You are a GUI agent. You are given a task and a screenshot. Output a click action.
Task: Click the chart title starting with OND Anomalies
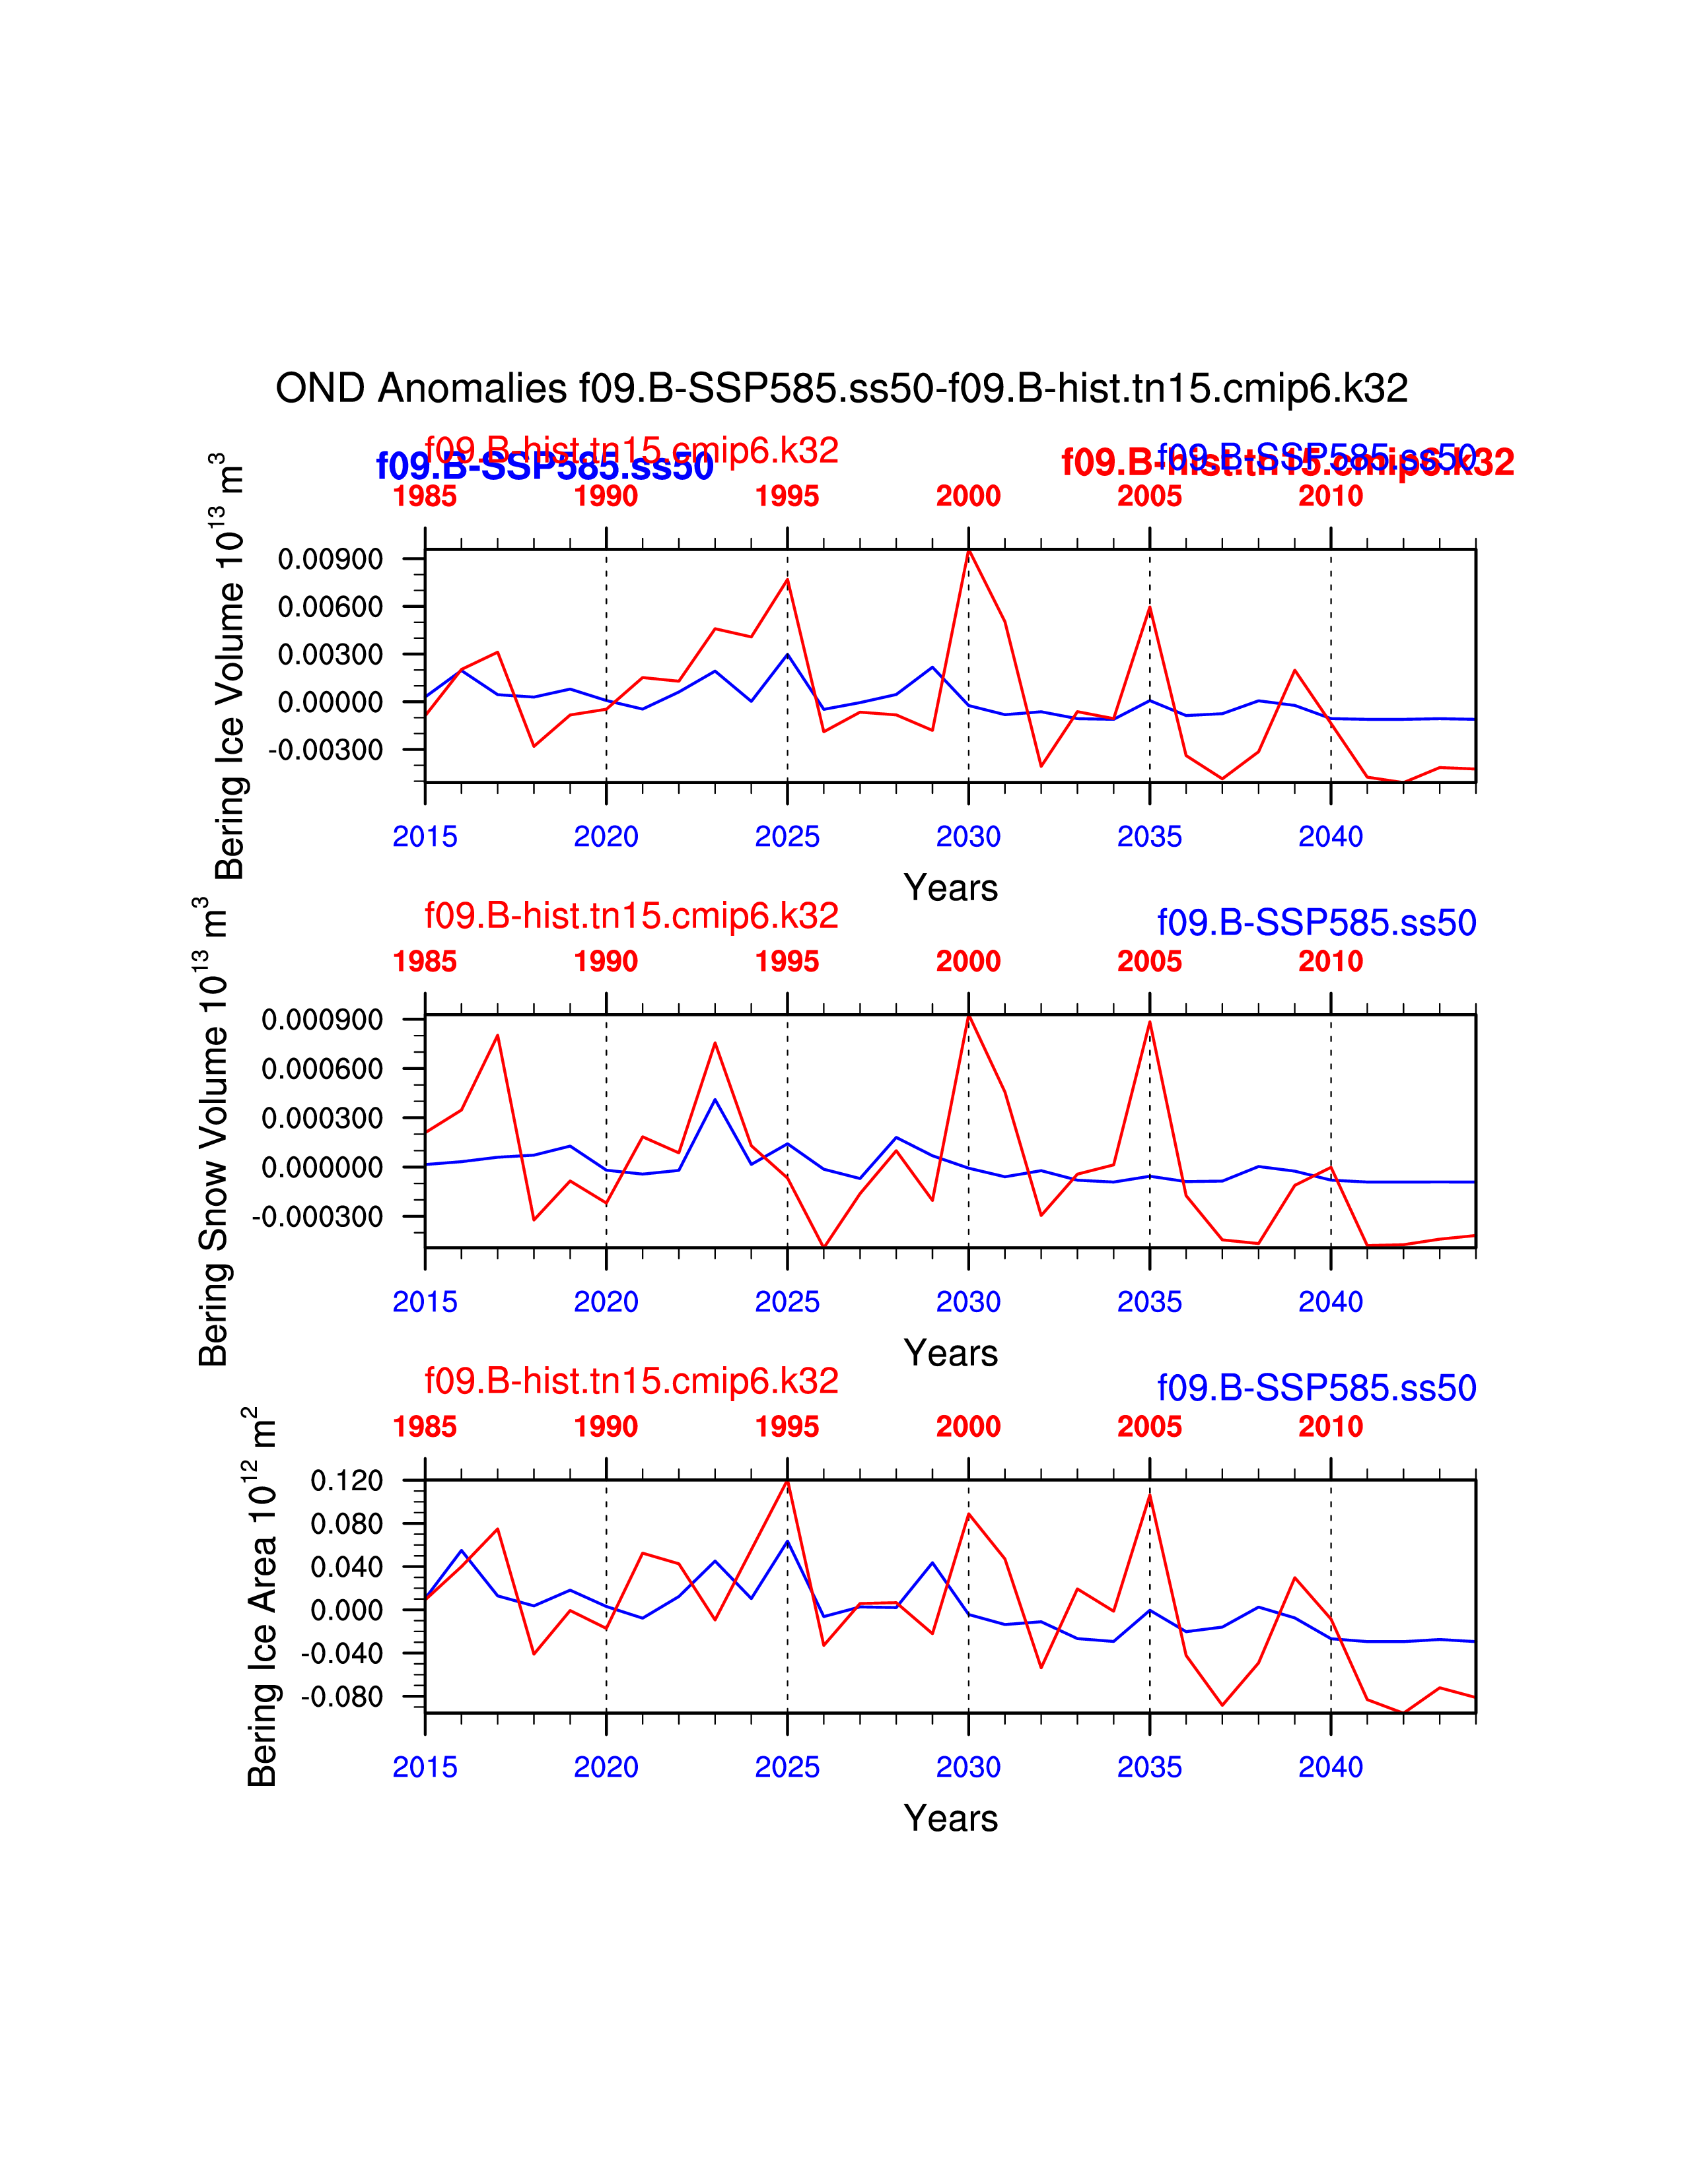pyautogui.click(x=841, y=389)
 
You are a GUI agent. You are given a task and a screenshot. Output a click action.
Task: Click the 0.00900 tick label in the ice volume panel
pyautogui.click(x=330, y=560)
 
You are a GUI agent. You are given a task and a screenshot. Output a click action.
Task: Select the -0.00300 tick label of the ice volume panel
pyautogui.click(x=325, y=750)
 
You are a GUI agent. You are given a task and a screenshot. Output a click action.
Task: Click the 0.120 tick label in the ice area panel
pyautogui.click(x=346, y=1481)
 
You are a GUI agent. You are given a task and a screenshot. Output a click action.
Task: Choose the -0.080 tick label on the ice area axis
pyautogui.click(x=341, y=1696)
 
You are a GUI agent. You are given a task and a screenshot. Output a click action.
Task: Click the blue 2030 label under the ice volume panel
pyautogui.click(x=967, y=837)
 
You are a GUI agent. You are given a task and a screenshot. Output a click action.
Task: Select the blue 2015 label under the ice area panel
pyautogui.click(x=425, y=1767)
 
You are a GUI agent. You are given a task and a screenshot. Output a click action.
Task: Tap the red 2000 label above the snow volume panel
pyautogui.click(x=967, y=962)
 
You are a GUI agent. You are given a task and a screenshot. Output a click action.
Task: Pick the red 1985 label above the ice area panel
pyautogui.click(x=425, y=1427)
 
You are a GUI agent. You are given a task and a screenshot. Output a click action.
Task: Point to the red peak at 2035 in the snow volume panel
pyautogui.click(x=1149, y=1022)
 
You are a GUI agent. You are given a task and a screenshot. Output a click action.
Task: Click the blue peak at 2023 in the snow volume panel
pyautogui.click(x=715, y=1100)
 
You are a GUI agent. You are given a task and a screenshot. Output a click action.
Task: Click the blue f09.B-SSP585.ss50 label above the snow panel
pyautogui.click(x=1316, y=923)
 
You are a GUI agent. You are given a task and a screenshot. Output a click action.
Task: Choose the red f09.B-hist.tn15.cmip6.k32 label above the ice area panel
pyautogui.click(x=631, y=1381)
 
